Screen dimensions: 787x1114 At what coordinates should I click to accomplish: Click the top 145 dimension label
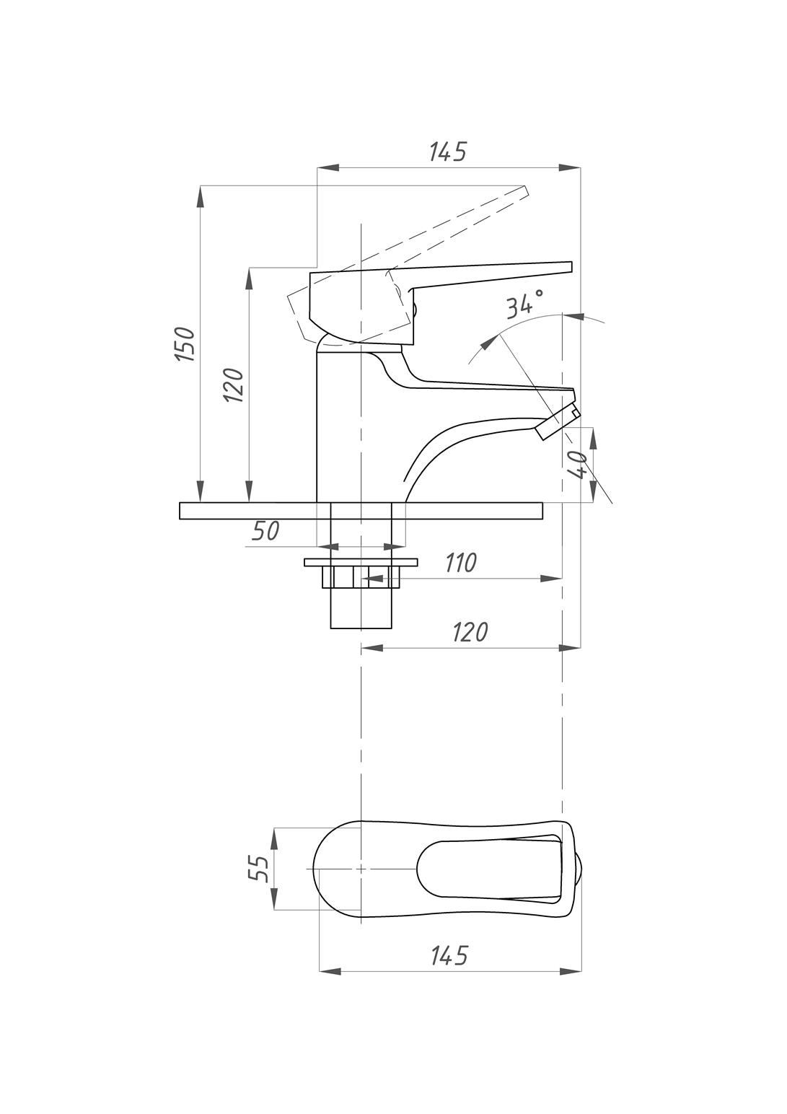(448, 152)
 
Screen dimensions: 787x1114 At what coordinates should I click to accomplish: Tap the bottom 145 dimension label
(449, 955)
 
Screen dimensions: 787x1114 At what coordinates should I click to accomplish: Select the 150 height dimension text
(186, 343)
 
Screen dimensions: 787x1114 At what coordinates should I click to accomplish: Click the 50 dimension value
(265, 530)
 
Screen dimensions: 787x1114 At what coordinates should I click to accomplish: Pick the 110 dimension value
(460, 563)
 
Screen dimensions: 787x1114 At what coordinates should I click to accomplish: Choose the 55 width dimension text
(258, 868)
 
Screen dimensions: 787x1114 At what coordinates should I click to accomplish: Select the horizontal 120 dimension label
(470, 632)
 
